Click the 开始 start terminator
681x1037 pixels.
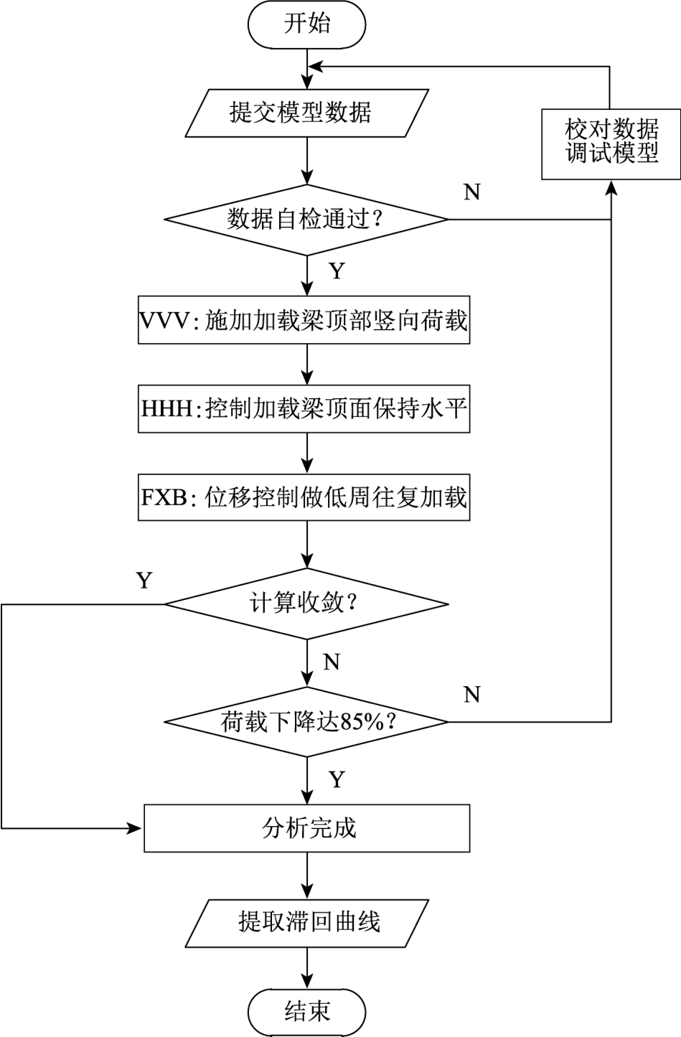[x=307, y=24]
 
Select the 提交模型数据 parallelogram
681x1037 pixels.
[x=307, y=113]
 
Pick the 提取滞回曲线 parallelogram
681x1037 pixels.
[x=307, y=921]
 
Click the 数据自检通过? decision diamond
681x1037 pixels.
[x=307, y=219]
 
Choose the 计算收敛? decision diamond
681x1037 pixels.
[x=307, y=604]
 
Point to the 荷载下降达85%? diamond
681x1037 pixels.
[x=307, y=721]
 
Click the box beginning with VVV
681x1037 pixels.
[x=304, y=320]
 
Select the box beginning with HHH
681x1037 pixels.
[x=304, y=409]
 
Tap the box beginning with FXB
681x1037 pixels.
[x=304, y=497]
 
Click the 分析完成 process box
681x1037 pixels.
[x=307, y=828]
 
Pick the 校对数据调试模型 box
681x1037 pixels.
[x=611, y=144]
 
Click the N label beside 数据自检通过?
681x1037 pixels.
[x=472, y=192]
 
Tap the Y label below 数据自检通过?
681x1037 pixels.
[x=337, y=271]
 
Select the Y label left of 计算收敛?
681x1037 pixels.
[x=144, y=580]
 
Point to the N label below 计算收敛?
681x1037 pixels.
[x=332, y=662]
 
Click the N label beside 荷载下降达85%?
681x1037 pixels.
[x=472, y=695]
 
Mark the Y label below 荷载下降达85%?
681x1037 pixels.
[x=337, y=779]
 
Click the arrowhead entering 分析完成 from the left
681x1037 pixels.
[x=136, y=828]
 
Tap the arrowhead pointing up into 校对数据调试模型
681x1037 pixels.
[x=611, y=187]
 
